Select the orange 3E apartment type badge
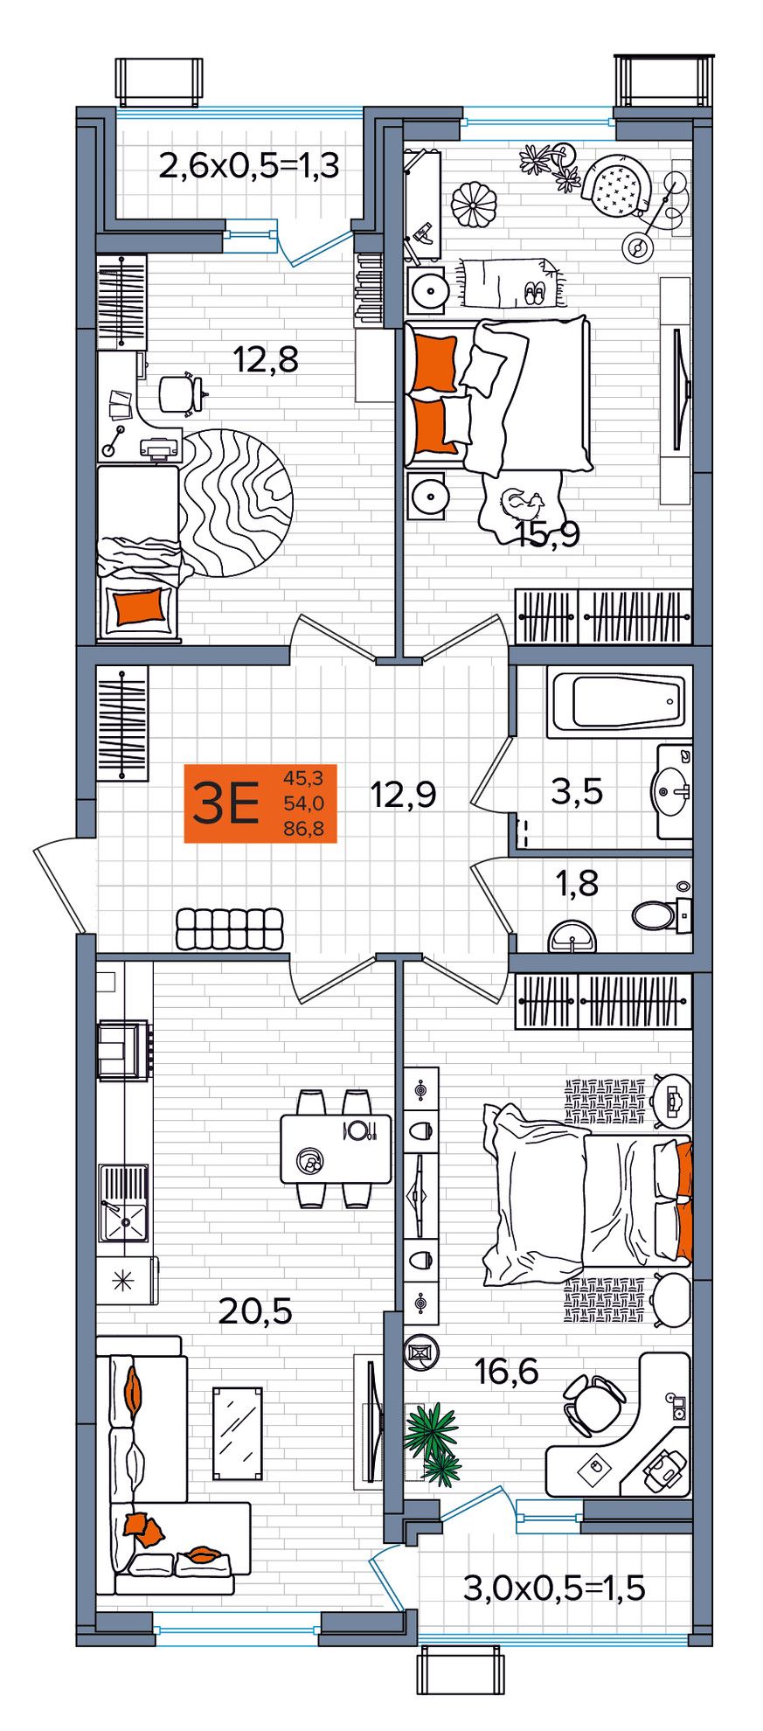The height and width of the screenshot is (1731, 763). pos(260,803)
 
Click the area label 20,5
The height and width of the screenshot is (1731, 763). pos(255,1311)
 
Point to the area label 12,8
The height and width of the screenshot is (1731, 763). pos(266,358)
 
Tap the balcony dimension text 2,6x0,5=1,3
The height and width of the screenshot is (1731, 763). pos(249,165)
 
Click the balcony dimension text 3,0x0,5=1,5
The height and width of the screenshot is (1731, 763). pos(554,1588)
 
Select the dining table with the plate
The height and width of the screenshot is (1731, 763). pos(336,1149)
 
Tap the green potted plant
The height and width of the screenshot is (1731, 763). pos(434,1443)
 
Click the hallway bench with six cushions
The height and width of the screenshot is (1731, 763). pos(231,928)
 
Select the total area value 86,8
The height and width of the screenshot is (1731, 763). pos(303,828)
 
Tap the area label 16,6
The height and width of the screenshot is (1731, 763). pos(507,1373)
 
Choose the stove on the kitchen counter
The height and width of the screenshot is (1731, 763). pos(122,1051)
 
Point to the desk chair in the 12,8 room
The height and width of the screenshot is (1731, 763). pos(182,393)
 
